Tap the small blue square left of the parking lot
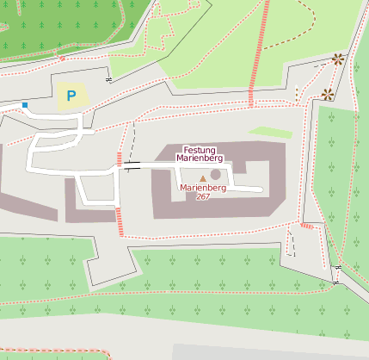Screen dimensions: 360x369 tap(25, 105)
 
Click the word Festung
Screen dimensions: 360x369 tap(200, 150)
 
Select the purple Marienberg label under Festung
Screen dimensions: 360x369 tap(200, 159)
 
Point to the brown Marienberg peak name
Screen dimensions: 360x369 tap(203, 188)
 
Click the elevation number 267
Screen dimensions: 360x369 tap(202, 197)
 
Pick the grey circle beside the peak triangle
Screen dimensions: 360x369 tap(215, 175)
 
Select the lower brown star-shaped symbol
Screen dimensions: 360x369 tap(327, 93)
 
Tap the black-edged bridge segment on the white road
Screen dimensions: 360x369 tap(132, 164)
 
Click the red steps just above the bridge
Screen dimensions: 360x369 tap(120, 157)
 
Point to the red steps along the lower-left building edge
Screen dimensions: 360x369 tap(120, 220)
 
